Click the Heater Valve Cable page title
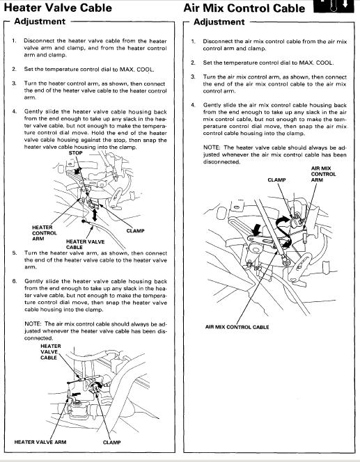coord(58,8)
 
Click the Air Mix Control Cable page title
coord(244,8)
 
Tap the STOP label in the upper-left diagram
coord(75,153)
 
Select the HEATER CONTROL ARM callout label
coord(45,233)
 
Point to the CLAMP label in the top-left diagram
coord(135,231)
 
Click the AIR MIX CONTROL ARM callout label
coord(323,174)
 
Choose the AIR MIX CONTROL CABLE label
coord(237,327)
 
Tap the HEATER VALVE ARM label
coord(40,442)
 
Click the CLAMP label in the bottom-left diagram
coord(111,443)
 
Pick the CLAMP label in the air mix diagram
coord(276,180)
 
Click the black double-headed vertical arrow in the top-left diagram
coord(94,216)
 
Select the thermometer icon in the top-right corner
coord(334,6)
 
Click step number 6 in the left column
coord(15,281)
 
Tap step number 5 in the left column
coord(15,253)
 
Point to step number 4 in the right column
coord(193,105)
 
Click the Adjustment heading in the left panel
coord(40,22)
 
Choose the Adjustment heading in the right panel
coord(219,22)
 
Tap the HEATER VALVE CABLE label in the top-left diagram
coord(85,244)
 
